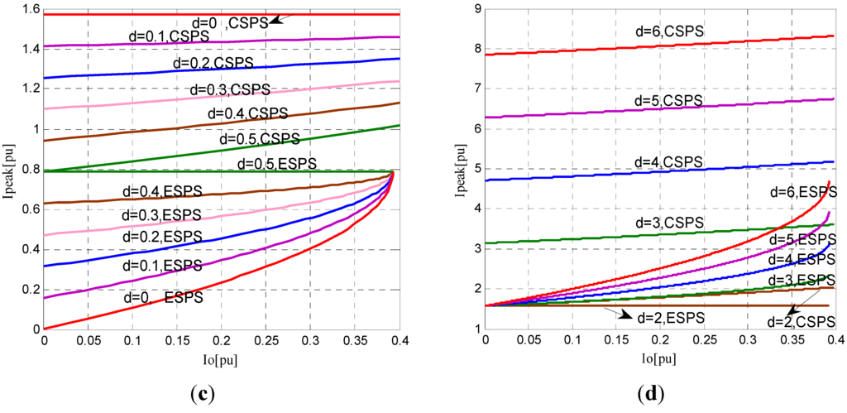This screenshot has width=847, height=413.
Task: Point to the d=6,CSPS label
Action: (x=663, y=31)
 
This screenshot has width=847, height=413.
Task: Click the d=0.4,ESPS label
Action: (x=162, y=192)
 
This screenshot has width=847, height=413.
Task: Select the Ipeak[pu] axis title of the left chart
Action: (x=10, y=170)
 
